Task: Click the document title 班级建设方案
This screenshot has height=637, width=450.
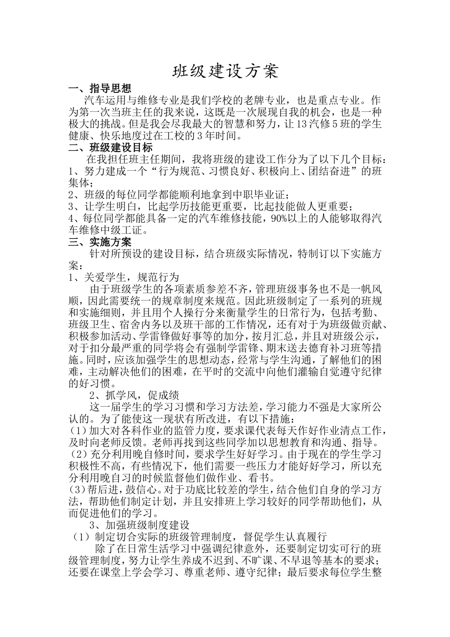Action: click(x=225, y=71)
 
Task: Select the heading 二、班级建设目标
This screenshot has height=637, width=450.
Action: click(x=110, y=147)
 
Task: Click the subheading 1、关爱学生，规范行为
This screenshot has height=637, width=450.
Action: click(x=124, y=277)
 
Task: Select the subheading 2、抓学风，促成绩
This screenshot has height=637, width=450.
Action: click(x=134, y=395)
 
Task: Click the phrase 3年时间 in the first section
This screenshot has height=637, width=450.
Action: click(x=214, y=136)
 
